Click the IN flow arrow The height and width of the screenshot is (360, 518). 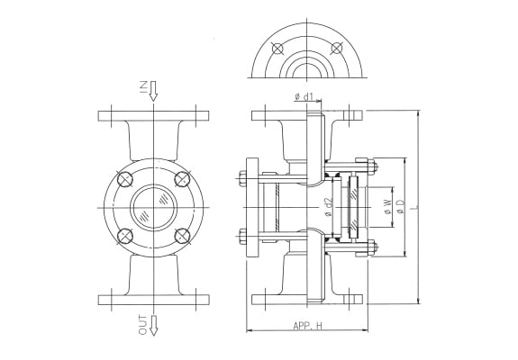[153, 91]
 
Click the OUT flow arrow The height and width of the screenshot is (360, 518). [153, 326]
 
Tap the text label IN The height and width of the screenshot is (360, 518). [143, 87]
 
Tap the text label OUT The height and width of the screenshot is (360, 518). [143, 325]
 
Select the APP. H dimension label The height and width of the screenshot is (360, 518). [307, 327]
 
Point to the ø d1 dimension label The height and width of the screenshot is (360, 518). [304, 96]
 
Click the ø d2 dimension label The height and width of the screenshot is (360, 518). [328, 207]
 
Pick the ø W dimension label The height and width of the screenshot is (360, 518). [387, 207]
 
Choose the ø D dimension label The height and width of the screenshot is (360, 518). [400, 207]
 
